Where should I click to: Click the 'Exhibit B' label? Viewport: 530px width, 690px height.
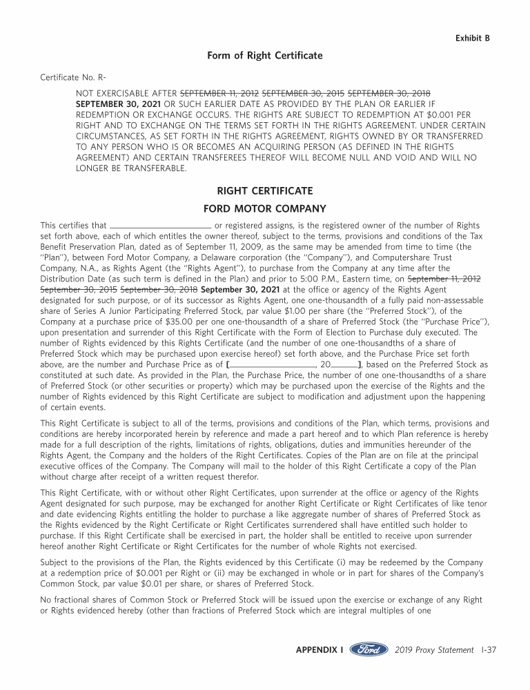pyautogui.click(x=472, y=38)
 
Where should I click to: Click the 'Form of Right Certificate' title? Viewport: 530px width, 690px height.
pyautogui.click(x=264, y=55)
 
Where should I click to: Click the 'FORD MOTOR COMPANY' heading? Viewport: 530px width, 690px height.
pyautogui.click(x=264, y=208)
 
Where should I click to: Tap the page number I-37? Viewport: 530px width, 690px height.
pyautogui.click(x=488, y=650)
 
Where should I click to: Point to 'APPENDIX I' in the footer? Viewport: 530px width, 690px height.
pyautogui.click(x=320, y=650)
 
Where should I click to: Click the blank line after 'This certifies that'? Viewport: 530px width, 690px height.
pyautogui.click(x=161, y=225)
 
